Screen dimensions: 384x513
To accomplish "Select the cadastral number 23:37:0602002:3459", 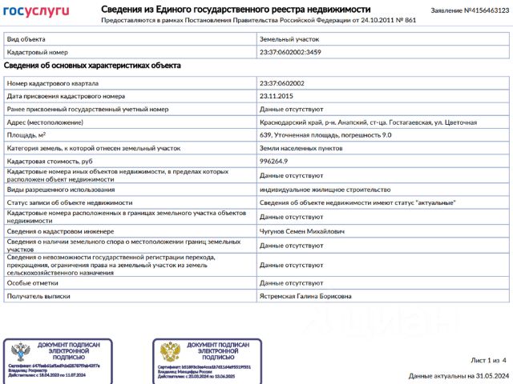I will click(x=290, y=51).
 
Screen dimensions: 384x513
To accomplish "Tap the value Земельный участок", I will click(x=289, y=38).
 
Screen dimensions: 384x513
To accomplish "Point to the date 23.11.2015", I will click(x=277, y=96).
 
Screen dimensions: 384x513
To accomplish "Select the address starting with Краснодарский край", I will click(x=368, y=122).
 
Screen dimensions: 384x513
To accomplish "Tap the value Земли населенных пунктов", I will click(x=299, y=148).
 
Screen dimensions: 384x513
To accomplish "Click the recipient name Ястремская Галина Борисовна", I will click(x=305, y=296).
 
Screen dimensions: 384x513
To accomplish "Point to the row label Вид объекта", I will click(x=26, y=38).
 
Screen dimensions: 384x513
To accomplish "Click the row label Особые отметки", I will click(x=31, y=283).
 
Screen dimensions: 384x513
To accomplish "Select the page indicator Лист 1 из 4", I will click(x=489, y=361).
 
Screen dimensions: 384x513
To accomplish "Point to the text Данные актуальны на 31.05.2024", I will click(x=458, y=374).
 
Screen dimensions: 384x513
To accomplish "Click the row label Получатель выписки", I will click(x=41, y=296).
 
